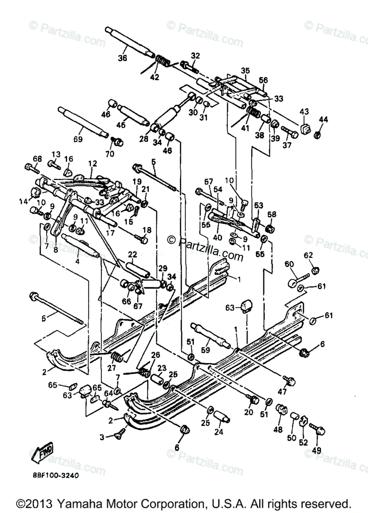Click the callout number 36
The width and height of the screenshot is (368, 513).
point(123,59)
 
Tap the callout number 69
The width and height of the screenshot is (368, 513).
point(77,139)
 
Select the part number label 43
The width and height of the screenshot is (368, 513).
point(304,112)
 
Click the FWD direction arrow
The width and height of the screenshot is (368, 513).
point(41,450)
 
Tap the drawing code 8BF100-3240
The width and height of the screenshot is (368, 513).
point(54,475)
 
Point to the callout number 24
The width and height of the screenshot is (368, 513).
point(219,432)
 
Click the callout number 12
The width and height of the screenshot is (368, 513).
point(93,163)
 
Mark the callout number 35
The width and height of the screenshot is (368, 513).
point(245,71)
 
